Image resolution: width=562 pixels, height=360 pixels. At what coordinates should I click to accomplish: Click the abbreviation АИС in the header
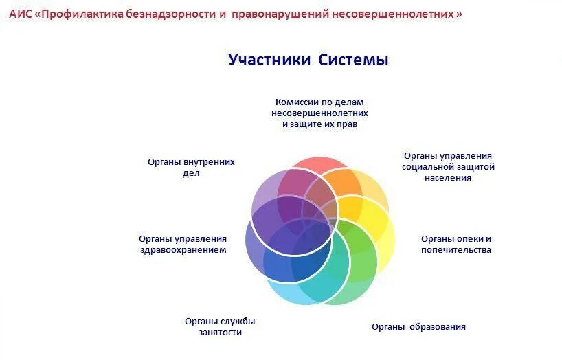[x=20, y=14]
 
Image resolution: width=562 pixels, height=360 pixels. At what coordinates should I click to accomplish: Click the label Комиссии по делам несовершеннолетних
[x=319, y=113]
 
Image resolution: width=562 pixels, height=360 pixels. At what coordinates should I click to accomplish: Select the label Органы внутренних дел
[x=191, y=168]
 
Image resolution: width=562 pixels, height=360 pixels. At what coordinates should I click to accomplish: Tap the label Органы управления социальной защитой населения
[x=448, y=166]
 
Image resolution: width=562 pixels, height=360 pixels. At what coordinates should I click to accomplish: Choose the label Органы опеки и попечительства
[x=456, y=244]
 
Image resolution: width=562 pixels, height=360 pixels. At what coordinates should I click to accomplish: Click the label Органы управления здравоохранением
[x=183, y=244]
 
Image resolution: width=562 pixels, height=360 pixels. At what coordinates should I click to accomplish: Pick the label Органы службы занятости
[x=220, y=326]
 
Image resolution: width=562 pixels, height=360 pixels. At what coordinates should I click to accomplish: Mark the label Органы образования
[x=418, y=326]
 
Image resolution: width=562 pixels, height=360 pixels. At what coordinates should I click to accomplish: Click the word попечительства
[x=456, y=250]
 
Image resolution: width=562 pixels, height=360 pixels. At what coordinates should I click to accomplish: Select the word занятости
[x=220, y=333]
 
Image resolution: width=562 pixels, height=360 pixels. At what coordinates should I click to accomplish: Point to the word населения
[x=448, y=178]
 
